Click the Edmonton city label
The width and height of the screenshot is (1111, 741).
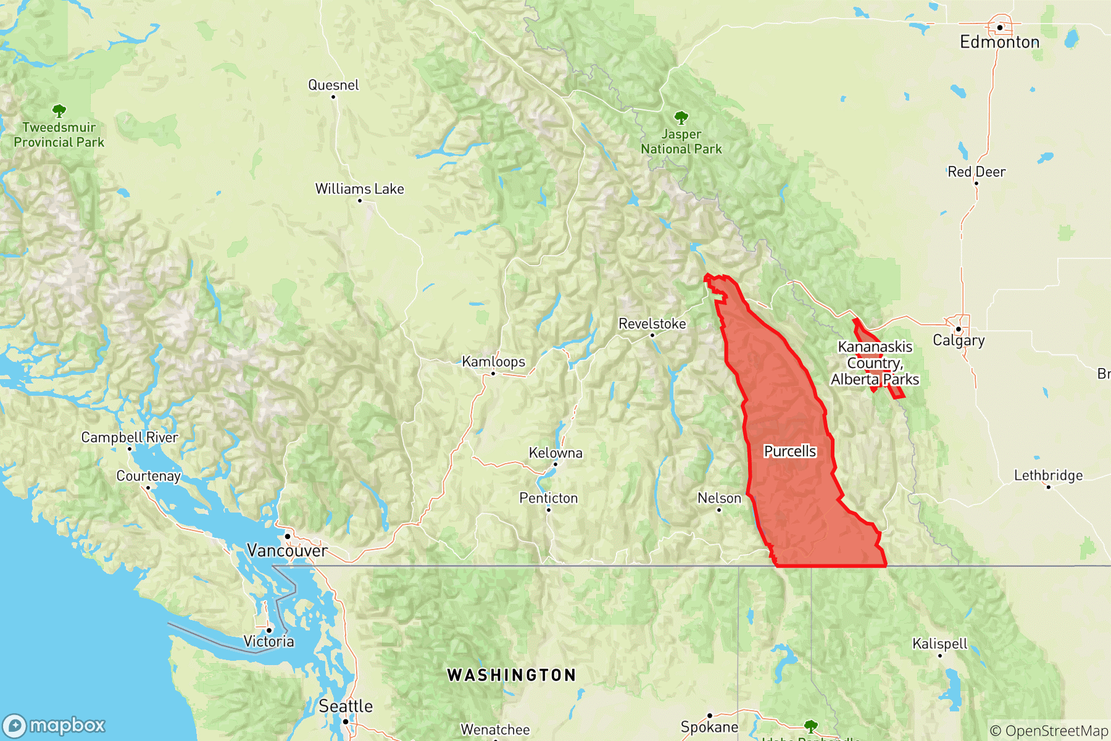(x=999, y=42)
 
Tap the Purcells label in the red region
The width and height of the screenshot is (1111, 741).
(x=789, y=451)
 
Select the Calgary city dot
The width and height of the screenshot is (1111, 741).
(x=959, y=329)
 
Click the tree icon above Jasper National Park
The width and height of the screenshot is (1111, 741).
(x=681, y=117)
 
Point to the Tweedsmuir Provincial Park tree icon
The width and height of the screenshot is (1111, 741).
(x=59, y=111)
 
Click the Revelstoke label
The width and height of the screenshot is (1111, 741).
(x=652, y=324)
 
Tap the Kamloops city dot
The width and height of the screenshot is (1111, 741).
(x=493, y=374)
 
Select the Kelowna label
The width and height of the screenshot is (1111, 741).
(x=555, y=453)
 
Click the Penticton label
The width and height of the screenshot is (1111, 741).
(x=548, y=498)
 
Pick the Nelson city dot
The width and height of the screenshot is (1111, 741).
(x=719, y=510)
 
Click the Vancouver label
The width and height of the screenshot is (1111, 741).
(x=287, y=550)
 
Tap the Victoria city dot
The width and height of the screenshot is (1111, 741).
(x=269, y=630)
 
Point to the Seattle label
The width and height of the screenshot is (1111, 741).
(x=346, y=706)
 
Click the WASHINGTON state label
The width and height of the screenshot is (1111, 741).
(x=512, y=675)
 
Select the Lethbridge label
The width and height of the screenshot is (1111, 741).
(x=1048, y=475)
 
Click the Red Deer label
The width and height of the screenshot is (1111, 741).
(x=976, y=172)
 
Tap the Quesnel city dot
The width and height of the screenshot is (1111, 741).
(x=333, y=97)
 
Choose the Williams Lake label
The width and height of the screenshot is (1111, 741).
(x=359, y=189)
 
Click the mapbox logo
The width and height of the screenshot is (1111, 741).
(x=54, y=725)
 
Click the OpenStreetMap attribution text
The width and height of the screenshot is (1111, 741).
(x=1049, y=731)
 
